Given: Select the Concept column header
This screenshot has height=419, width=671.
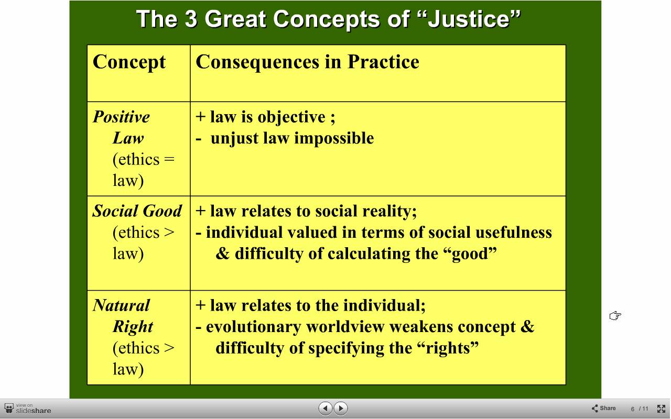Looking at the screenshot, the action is pyautogui.click(x=129, y=62).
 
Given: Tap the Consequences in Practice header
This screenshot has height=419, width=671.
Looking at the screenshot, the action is pyautogui.click(x=307, y=62).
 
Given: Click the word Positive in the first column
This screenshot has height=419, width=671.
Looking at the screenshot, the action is pyautogui.click(x=121, y=117).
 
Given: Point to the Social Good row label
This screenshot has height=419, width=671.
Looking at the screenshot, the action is pyautogui.click(x=137, y=211).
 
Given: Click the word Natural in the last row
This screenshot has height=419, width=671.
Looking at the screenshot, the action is pyautogui.click(x=121, y=305).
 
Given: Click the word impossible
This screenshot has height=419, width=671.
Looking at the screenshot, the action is pyautogui.click(x=334, y=138).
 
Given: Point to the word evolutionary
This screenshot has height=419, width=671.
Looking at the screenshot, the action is pyautogui.click(x=253, y=327).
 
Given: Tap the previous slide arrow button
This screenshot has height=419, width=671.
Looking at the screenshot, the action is pyautogui.click(x=326, y=408).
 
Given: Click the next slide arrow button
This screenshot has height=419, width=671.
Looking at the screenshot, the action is pyautogui.click(x=340, y=408).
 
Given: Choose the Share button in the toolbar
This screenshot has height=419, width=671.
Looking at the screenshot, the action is pyautogui.click(x=603, y=408).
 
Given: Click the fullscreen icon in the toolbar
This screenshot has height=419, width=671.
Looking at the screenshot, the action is pyautogui.click(x=661, y=409).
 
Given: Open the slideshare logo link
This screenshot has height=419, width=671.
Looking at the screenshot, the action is pyautogui.click(x=28, y=409).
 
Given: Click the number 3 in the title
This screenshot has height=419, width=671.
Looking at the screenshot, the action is pyautogui.click(x=191, y=19).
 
